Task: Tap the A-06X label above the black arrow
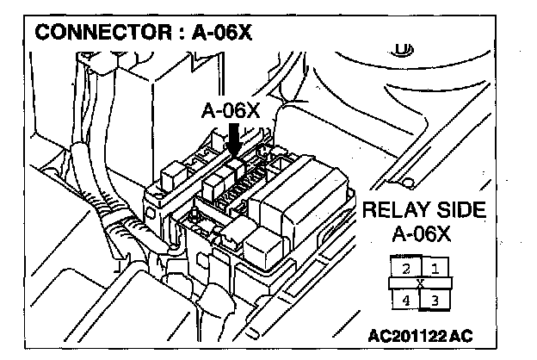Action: pyautogui.click(x=231, y=111)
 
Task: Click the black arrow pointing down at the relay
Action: pyautogui.click(x=233, y=139)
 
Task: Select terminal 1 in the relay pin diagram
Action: pyautogui.click(x=435, y=268)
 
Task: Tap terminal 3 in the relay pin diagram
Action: pyautogui.click(x=435, y=299)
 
